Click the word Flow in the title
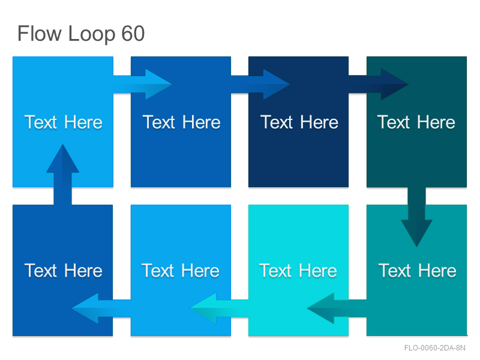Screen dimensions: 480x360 point(40,34)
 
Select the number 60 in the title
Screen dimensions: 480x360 point(133,34)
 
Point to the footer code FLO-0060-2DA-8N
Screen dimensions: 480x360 point(434,348)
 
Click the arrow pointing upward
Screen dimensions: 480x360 point(63,175)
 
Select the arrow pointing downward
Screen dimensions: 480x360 point(416,217)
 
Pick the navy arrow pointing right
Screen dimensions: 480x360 point(379,84)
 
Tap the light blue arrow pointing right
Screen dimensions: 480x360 point(143,84)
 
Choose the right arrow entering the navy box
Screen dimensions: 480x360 point(260,84)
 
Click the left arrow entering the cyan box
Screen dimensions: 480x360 point(337,308)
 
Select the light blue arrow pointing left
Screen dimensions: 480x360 point(101,308)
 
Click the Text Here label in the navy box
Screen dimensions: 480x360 point(299,122)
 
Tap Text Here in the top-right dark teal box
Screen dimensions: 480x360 point(416,122)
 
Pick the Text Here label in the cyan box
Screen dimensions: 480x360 point(298,271)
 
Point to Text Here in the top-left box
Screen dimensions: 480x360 point(64,122)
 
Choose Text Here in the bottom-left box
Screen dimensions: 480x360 point(64,271)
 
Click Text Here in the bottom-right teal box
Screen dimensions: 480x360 point(417,271)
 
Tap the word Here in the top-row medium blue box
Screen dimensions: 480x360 point(202,122)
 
